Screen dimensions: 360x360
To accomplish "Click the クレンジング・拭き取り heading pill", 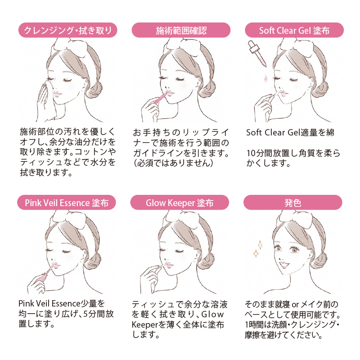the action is pyautogui.click(x=68, y=30).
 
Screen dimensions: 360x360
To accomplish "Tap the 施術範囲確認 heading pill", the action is pyautogui.click(x=181, y=30).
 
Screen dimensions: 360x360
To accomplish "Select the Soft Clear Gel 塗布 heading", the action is pyautogui.click(x=294, y=30).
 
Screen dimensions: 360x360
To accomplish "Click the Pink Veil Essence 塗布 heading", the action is pyautogui.click(x=67, y=202).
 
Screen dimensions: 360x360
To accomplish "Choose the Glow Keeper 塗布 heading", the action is pyautogui.click(x=180, y=202).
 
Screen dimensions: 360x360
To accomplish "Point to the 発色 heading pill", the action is pyautogui.click(x=293, y=202).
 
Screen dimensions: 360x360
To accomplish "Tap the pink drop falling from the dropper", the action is pyautogui.click(x=265, y=78).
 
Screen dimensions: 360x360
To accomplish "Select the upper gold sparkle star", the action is pyautogui.click(x=260, y=245).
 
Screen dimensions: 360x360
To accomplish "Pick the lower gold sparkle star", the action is pyautogui.click(x=256, y=253).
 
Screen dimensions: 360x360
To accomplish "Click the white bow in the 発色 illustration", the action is pyautogui.click(x=297, y=219).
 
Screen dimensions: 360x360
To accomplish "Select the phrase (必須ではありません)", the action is pyautogui.click(x=173, y=163).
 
